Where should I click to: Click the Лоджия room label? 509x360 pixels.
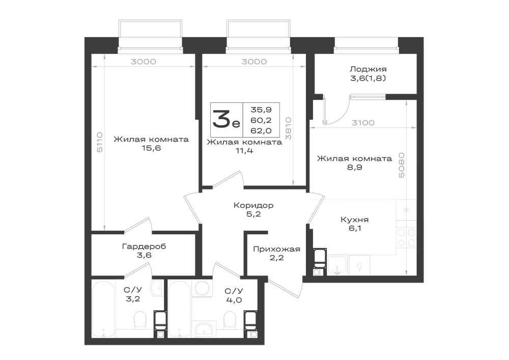[x=368, y=69]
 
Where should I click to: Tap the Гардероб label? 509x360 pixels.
[x=144, y=246]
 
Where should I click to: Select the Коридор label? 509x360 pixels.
[x=253, y=206]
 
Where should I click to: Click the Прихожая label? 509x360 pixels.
[x=276, y=250]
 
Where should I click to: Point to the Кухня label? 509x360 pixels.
[x=354, y=220]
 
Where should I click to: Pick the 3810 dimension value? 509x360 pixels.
[x=288, y=128]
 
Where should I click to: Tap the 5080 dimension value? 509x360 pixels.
[x=402, y=165]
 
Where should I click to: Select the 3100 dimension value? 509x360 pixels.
[x=363, y=123]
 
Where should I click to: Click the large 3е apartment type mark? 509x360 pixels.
[x=226, y=119]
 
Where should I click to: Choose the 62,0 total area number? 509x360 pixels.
[x=261, y=130]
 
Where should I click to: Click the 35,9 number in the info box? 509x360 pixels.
[x=261, y=109]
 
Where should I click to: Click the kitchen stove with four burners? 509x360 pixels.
[x=406, y=237]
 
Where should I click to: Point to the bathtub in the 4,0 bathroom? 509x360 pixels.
[x=180, y=310]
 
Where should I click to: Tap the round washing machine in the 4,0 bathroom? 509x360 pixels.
[x=202, y=289]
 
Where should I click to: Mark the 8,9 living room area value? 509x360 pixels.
[x=354, y=168]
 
